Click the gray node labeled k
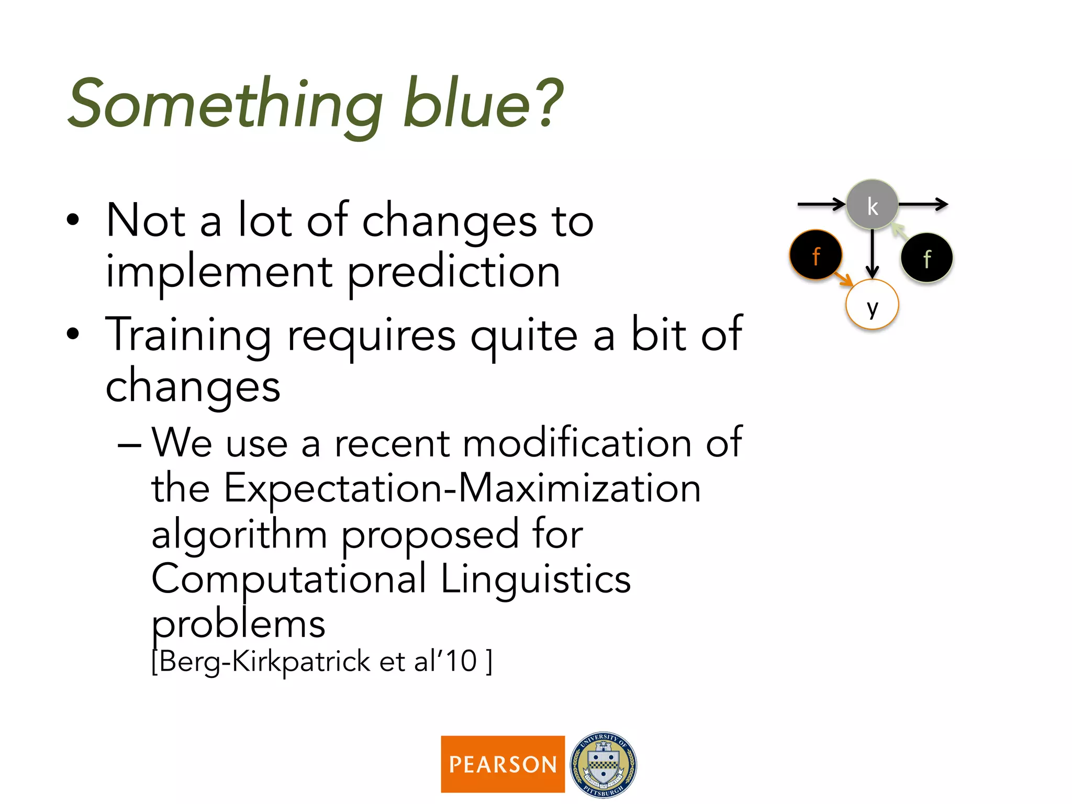tap(872, 205)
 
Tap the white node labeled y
tap(872, 305)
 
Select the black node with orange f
tap(816, 255)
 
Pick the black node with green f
tap(926, 258)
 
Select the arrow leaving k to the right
tap(923, 204)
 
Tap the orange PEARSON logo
tap(502, 764)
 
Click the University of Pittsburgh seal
tap(603, 764)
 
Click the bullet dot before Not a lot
tap(73, 220)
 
